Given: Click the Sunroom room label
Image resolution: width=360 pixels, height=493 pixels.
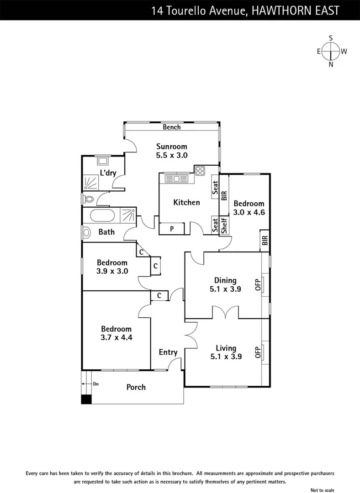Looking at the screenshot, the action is tap(172, 147).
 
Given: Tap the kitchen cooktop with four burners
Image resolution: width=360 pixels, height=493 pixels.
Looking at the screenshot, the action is tap(200, 171).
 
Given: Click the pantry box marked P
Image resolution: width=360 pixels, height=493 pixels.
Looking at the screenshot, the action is tap(172, 229).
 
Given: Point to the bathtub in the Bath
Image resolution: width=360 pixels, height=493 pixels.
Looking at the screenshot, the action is tap(103, 215).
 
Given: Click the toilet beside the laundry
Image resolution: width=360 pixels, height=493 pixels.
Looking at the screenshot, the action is tap(88, 199).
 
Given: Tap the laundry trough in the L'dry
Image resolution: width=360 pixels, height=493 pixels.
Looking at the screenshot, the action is tap(103, 160).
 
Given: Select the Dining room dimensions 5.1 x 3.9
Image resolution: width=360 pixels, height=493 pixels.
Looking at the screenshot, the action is tap(225, 288).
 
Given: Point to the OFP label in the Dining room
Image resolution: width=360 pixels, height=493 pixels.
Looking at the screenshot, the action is tap(258, 284).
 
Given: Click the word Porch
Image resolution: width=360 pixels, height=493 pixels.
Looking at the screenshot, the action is tap(136, 387).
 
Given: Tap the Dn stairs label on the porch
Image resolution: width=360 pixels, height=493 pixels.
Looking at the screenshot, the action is tap(96, 384).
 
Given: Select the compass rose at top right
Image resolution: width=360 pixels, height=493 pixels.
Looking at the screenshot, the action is tap(331, 51).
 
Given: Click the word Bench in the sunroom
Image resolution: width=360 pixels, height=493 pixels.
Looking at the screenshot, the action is tap(172, 127).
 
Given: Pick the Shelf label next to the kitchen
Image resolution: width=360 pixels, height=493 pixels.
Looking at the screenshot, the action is tap(224, 226).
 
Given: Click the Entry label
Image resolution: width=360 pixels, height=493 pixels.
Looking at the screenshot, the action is tap(168, 352).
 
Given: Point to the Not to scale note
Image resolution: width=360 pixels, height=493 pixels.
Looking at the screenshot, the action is tap(323, 490).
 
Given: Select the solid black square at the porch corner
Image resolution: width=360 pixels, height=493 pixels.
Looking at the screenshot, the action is tap(86, 399).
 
